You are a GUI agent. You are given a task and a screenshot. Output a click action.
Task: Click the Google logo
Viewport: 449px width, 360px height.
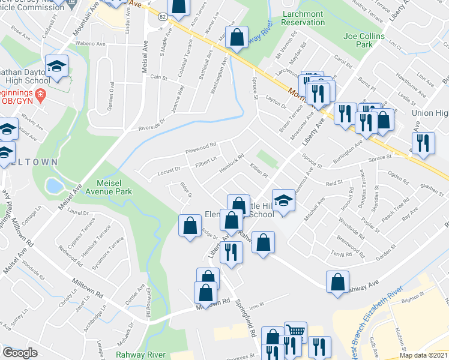pos(20,353)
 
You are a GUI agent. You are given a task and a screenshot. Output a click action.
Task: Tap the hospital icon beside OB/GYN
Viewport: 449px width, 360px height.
pos(40,94)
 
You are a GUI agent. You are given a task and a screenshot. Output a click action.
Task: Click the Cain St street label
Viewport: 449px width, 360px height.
pos(158,77)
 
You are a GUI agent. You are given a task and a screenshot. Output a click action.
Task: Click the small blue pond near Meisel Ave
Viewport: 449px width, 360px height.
pos(54,185)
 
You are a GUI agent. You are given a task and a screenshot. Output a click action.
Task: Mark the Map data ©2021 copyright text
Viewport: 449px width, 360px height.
pos(423,355)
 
